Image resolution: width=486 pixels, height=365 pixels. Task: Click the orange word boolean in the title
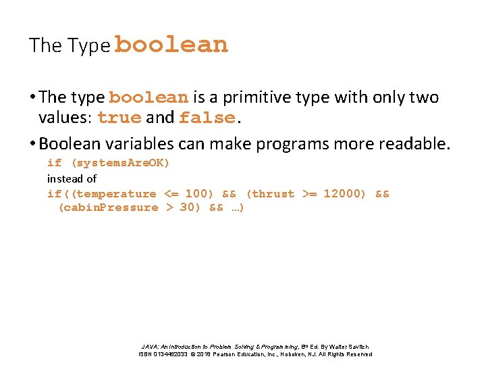171,45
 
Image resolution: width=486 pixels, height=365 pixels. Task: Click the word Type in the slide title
88,46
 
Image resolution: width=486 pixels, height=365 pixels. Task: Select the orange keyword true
119,118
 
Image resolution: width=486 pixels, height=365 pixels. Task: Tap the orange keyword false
207,118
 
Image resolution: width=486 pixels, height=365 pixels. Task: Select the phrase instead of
72,178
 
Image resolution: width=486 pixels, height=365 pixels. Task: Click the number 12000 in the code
344,194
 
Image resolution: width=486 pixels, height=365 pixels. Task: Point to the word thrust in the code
273,194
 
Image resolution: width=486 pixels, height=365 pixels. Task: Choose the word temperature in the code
116,194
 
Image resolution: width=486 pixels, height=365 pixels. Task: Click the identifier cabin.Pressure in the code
109,208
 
